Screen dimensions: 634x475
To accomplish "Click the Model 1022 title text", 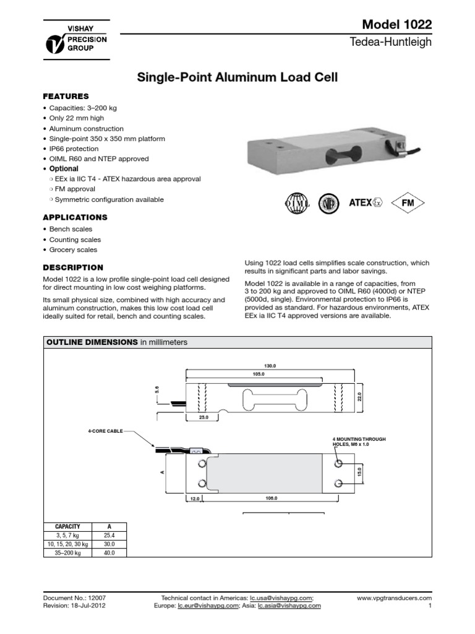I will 397,24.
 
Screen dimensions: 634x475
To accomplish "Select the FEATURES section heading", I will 66,97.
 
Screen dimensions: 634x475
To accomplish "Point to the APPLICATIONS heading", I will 75,217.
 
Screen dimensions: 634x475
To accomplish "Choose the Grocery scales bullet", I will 72,250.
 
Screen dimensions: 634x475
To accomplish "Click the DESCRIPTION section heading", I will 73,267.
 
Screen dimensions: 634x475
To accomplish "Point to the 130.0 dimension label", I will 270,366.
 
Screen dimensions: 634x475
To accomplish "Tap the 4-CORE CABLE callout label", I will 105,431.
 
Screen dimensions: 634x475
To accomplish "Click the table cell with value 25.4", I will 109,534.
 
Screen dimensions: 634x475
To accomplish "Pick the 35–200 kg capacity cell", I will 67,552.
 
